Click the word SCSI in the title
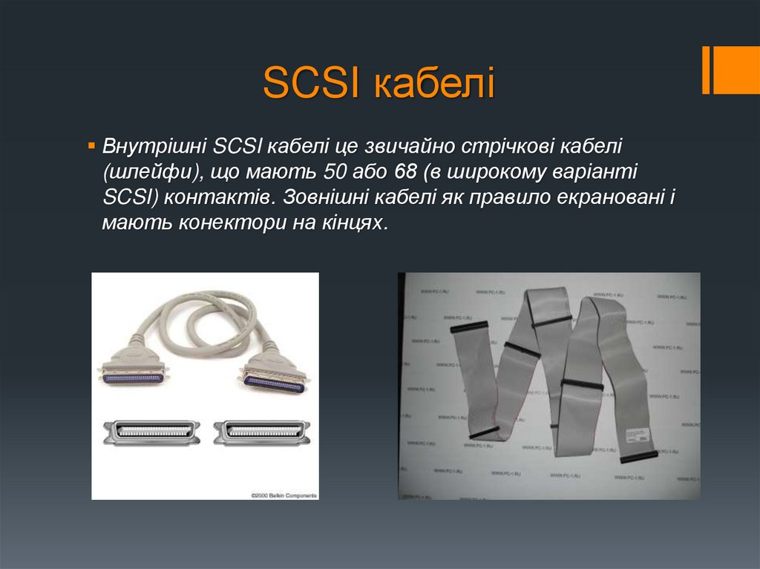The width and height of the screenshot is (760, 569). tap(309, 85)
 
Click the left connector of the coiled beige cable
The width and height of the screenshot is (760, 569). tap(133, 372)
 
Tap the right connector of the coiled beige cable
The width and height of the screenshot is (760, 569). tap(274, 375)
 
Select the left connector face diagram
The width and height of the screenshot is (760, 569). tap(151, 432)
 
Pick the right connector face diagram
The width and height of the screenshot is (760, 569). tap(261, 432)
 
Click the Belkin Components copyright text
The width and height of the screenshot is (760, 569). tap(284, 494)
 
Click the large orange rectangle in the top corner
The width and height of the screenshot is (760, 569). tap(737, 70)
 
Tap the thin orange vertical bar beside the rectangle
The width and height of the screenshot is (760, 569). tap(707, 70)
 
